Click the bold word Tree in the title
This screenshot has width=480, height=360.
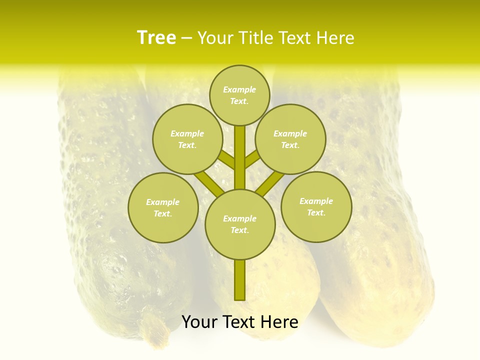click(156, 38)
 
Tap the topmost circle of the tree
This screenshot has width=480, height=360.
click(239, 95)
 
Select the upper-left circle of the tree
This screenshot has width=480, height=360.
click(187, 139)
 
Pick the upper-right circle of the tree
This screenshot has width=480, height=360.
click(290, 139)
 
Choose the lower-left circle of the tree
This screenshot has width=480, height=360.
click(163, 207)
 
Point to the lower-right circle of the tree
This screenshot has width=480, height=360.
click(316, 206)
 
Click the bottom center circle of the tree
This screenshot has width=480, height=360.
click(240, 224)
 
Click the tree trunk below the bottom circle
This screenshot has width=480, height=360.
click(240, 280)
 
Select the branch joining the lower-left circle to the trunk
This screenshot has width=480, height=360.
click(208, 183)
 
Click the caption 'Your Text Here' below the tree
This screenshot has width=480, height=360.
click(240, 322)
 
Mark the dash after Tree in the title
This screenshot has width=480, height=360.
click(187, 38)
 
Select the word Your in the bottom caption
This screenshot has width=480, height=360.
click(199, 322)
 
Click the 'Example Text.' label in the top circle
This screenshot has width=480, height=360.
click(239, 95)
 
